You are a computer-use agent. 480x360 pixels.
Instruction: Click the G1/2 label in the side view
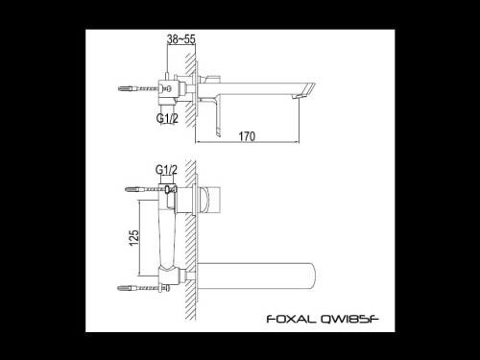(169, 119)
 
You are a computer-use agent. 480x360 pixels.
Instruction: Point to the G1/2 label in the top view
(168, 170)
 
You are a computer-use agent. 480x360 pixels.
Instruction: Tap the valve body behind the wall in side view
(172, 91)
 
